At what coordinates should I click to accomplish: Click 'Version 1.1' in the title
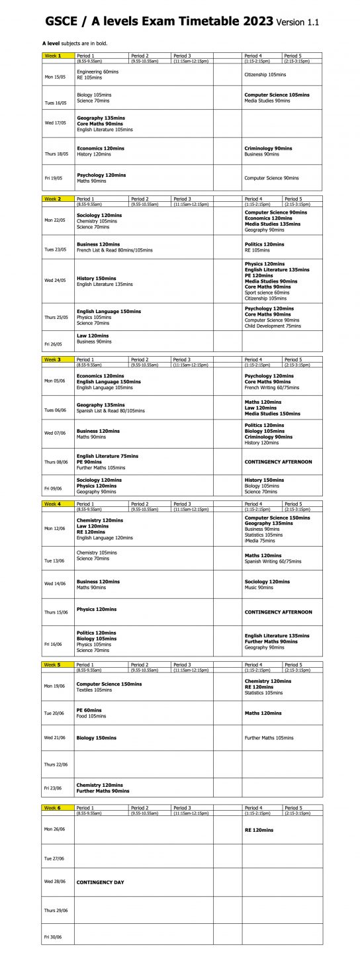click(x=297, y=23)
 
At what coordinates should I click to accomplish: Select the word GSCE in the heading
click(x=64, y=21)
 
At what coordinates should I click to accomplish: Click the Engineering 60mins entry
click(x=97, y=71)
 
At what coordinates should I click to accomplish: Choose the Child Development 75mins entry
click(x=273, y=326)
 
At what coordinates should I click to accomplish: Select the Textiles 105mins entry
click(x=94, y=690)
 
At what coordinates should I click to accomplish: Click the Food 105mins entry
click(x=91, y=716)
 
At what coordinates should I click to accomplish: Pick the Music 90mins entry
click(x=259, y=587)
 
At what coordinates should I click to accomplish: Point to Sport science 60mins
click(x=267, y=293)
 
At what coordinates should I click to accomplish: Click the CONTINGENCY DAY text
click(x=100, y=882)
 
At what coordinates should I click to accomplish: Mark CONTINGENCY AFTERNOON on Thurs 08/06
click(x=278, y=462)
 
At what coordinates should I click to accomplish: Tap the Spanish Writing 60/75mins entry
click(x=273, y=561)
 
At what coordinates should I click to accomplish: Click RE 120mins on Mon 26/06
click(x=259, y=829)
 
